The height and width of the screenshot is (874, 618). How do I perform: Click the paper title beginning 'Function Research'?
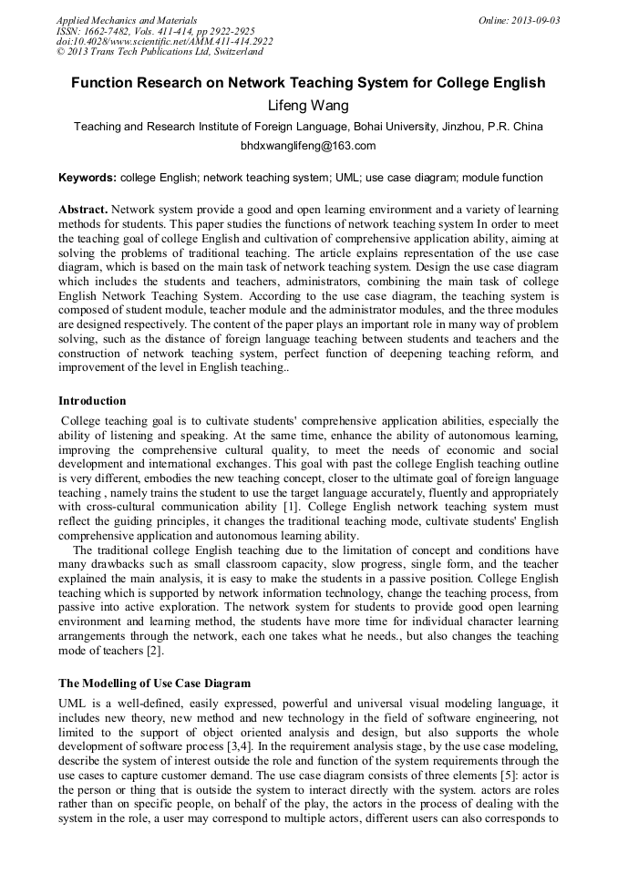(308, 83)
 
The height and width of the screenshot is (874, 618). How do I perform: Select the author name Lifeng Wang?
(308, 106)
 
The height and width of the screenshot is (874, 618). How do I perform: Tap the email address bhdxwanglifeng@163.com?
(308, 146)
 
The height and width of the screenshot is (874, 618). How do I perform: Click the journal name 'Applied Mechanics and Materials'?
(126, 20)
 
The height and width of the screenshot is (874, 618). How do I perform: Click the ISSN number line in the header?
(155, 31)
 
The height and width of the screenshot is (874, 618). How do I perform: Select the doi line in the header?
(164, 42)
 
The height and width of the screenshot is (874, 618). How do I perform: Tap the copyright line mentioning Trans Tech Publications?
(160, 52)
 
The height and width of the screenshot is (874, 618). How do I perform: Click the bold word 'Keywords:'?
(88, 178)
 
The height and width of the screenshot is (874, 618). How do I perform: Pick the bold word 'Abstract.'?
(84, 209)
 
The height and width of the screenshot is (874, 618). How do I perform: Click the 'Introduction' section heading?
(92, 401)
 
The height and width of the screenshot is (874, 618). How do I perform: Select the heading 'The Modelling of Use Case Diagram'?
(154, 683)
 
